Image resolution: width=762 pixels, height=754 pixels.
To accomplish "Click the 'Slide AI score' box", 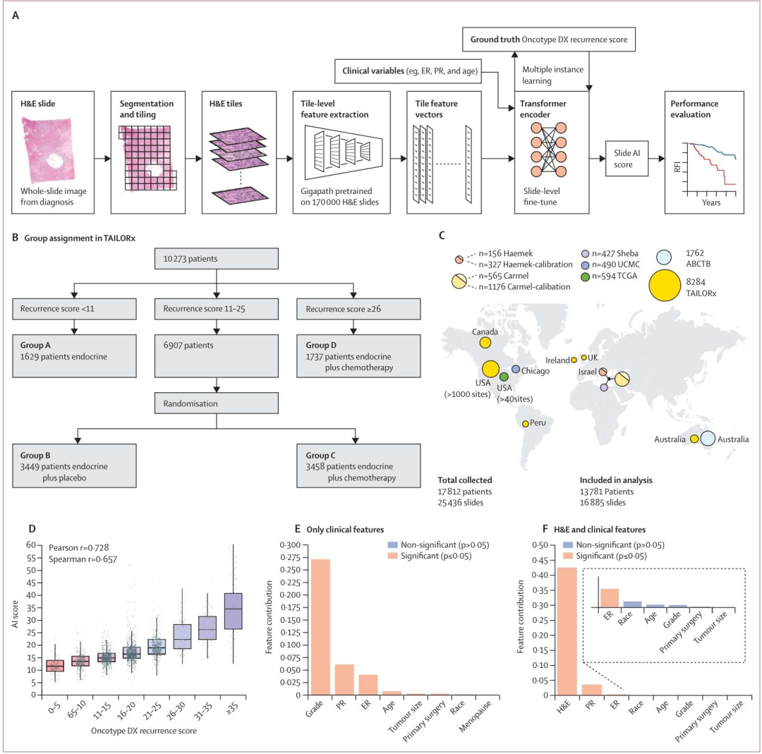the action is (627, 159).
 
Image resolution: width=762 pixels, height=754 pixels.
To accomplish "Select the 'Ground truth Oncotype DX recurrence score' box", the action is (549, 39).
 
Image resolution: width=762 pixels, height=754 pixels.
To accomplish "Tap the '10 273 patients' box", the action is (217, 258).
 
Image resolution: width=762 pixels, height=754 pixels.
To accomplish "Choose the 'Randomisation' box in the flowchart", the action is (217, 403).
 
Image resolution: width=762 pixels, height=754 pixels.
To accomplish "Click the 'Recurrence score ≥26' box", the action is (358, 308).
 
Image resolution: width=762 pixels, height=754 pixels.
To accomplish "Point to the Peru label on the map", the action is (538, 422).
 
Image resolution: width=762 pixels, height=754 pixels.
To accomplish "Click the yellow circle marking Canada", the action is (485, 343).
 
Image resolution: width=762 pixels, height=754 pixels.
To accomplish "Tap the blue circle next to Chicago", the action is (516, 370).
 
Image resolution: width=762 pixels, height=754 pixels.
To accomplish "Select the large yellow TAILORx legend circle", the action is (665, 285).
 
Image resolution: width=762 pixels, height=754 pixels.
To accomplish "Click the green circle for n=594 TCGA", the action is (585, 276).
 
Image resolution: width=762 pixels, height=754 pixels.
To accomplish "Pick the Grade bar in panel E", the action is (321, 627).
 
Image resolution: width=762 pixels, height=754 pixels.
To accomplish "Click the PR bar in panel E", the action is (344, 680).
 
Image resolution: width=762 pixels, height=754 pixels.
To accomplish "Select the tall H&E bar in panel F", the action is (567, 631).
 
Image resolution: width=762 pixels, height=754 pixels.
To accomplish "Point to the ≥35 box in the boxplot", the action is (233, 611).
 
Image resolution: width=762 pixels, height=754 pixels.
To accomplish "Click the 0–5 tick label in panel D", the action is (54, 708).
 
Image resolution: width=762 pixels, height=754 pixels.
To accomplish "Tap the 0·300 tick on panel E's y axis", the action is (291, 545).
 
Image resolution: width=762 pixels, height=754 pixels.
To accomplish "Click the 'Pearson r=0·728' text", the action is (79, 547).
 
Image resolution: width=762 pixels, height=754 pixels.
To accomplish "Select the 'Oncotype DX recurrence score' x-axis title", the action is (144, 731).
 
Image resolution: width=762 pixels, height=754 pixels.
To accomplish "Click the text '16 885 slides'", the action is (603, 502).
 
